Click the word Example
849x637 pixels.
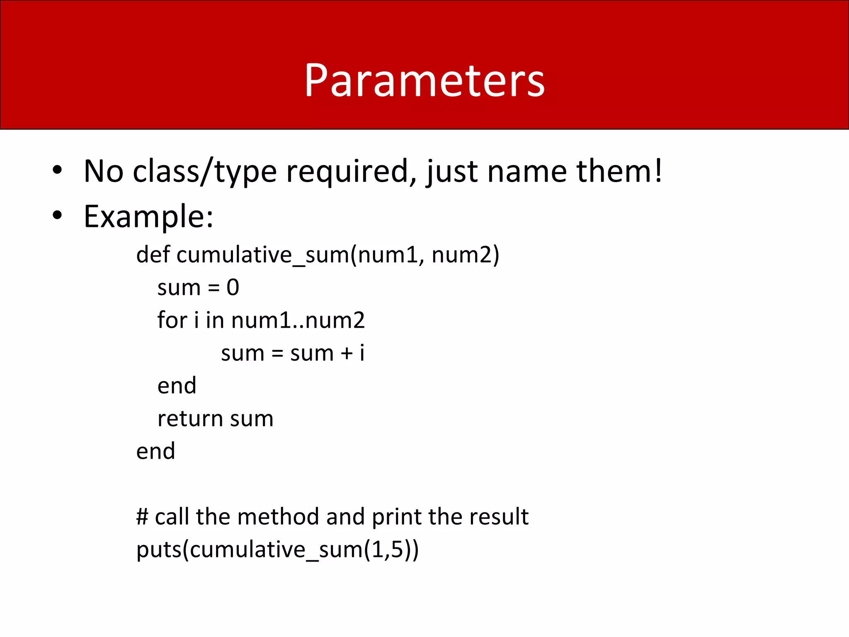tap(148, 216)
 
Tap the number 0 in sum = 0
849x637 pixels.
tap(233, 287)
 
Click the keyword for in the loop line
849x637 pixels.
tap(172, 320)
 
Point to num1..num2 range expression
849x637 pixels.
tap(298, 320)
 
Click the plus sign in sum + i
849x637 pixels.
tap(347, 354)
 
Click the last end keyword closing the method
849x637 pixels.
tap(155, 451)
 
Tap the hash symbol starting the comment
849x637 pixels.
tap(142, 517)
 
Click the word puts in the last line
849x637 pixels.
tap(159, 550)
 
